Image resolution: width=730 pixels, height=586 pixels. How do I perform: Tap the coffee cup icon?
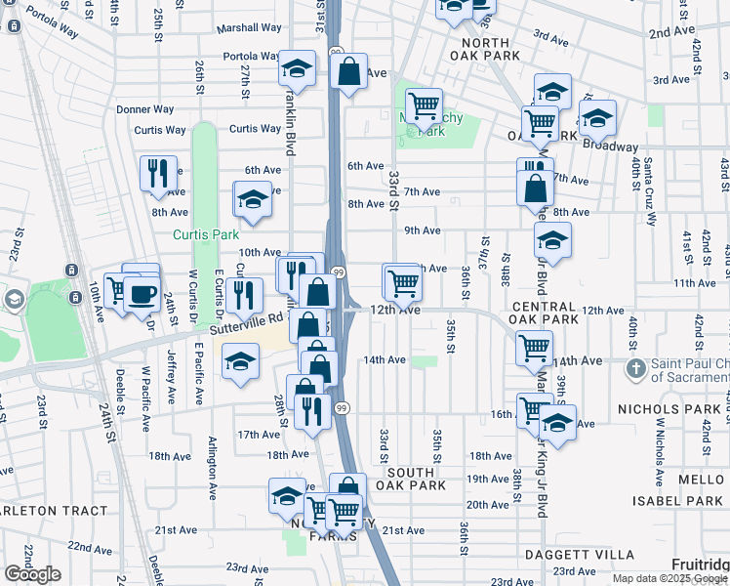pyautogui.click(x=142, y=294)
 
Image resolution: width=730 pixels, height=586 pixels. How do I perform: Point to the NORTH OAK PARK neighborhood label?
pyautogui.click(x=472, y=50)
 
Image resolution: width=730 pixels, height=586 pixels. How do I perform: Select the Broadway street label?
pyautogui.click(x=611, y=146)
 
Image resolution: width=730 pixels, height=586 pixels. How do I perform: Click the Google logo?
pyautogui.click(x=32, y=574)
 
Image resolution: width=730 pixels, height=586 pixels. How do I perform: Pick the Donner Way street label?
pyautogui.click(x=144, y=110)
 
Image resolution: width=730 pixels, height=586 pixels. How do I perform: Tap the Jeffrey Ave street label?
pyautogui.click(x=173, y=377)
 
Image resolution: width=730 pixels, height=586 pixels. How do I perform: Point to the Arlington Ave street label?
pyautogui.click(x=212, y=469)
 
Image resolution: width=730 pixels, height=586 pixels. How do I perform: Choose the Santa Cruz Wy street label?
pyautogui.click(x=649, y=191)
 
